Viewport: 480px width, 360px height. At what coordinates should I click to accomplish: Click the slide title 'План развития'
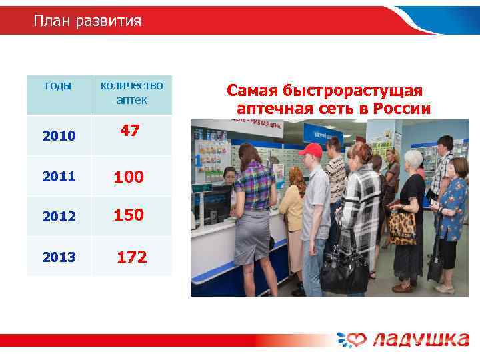(87, 21)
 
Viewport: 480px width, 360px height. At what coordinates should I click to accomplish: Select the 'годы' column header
(58, 85)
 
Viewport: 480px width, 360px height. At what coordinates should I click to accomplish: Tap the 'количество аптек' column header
(131, 93)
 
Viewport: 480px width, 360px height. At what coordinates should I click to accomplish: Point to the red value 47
(129, 131)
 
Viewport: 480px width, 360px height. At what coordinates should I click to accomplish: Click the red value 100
(129, 177)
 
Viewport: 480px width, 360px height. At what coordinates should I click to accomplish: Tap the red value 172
(132, 257)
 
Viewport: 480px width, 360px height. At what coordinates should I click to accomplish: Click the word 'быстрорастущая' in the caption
(365, 90)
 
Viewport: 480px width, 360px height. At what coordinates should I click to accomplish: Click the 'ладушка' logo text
(420, 339)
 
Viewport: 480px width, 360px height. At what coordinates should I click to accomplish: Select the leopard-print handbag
(403, 227)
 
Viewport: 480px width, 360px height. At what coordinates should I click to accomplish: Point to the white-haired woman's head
(413, 159)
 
